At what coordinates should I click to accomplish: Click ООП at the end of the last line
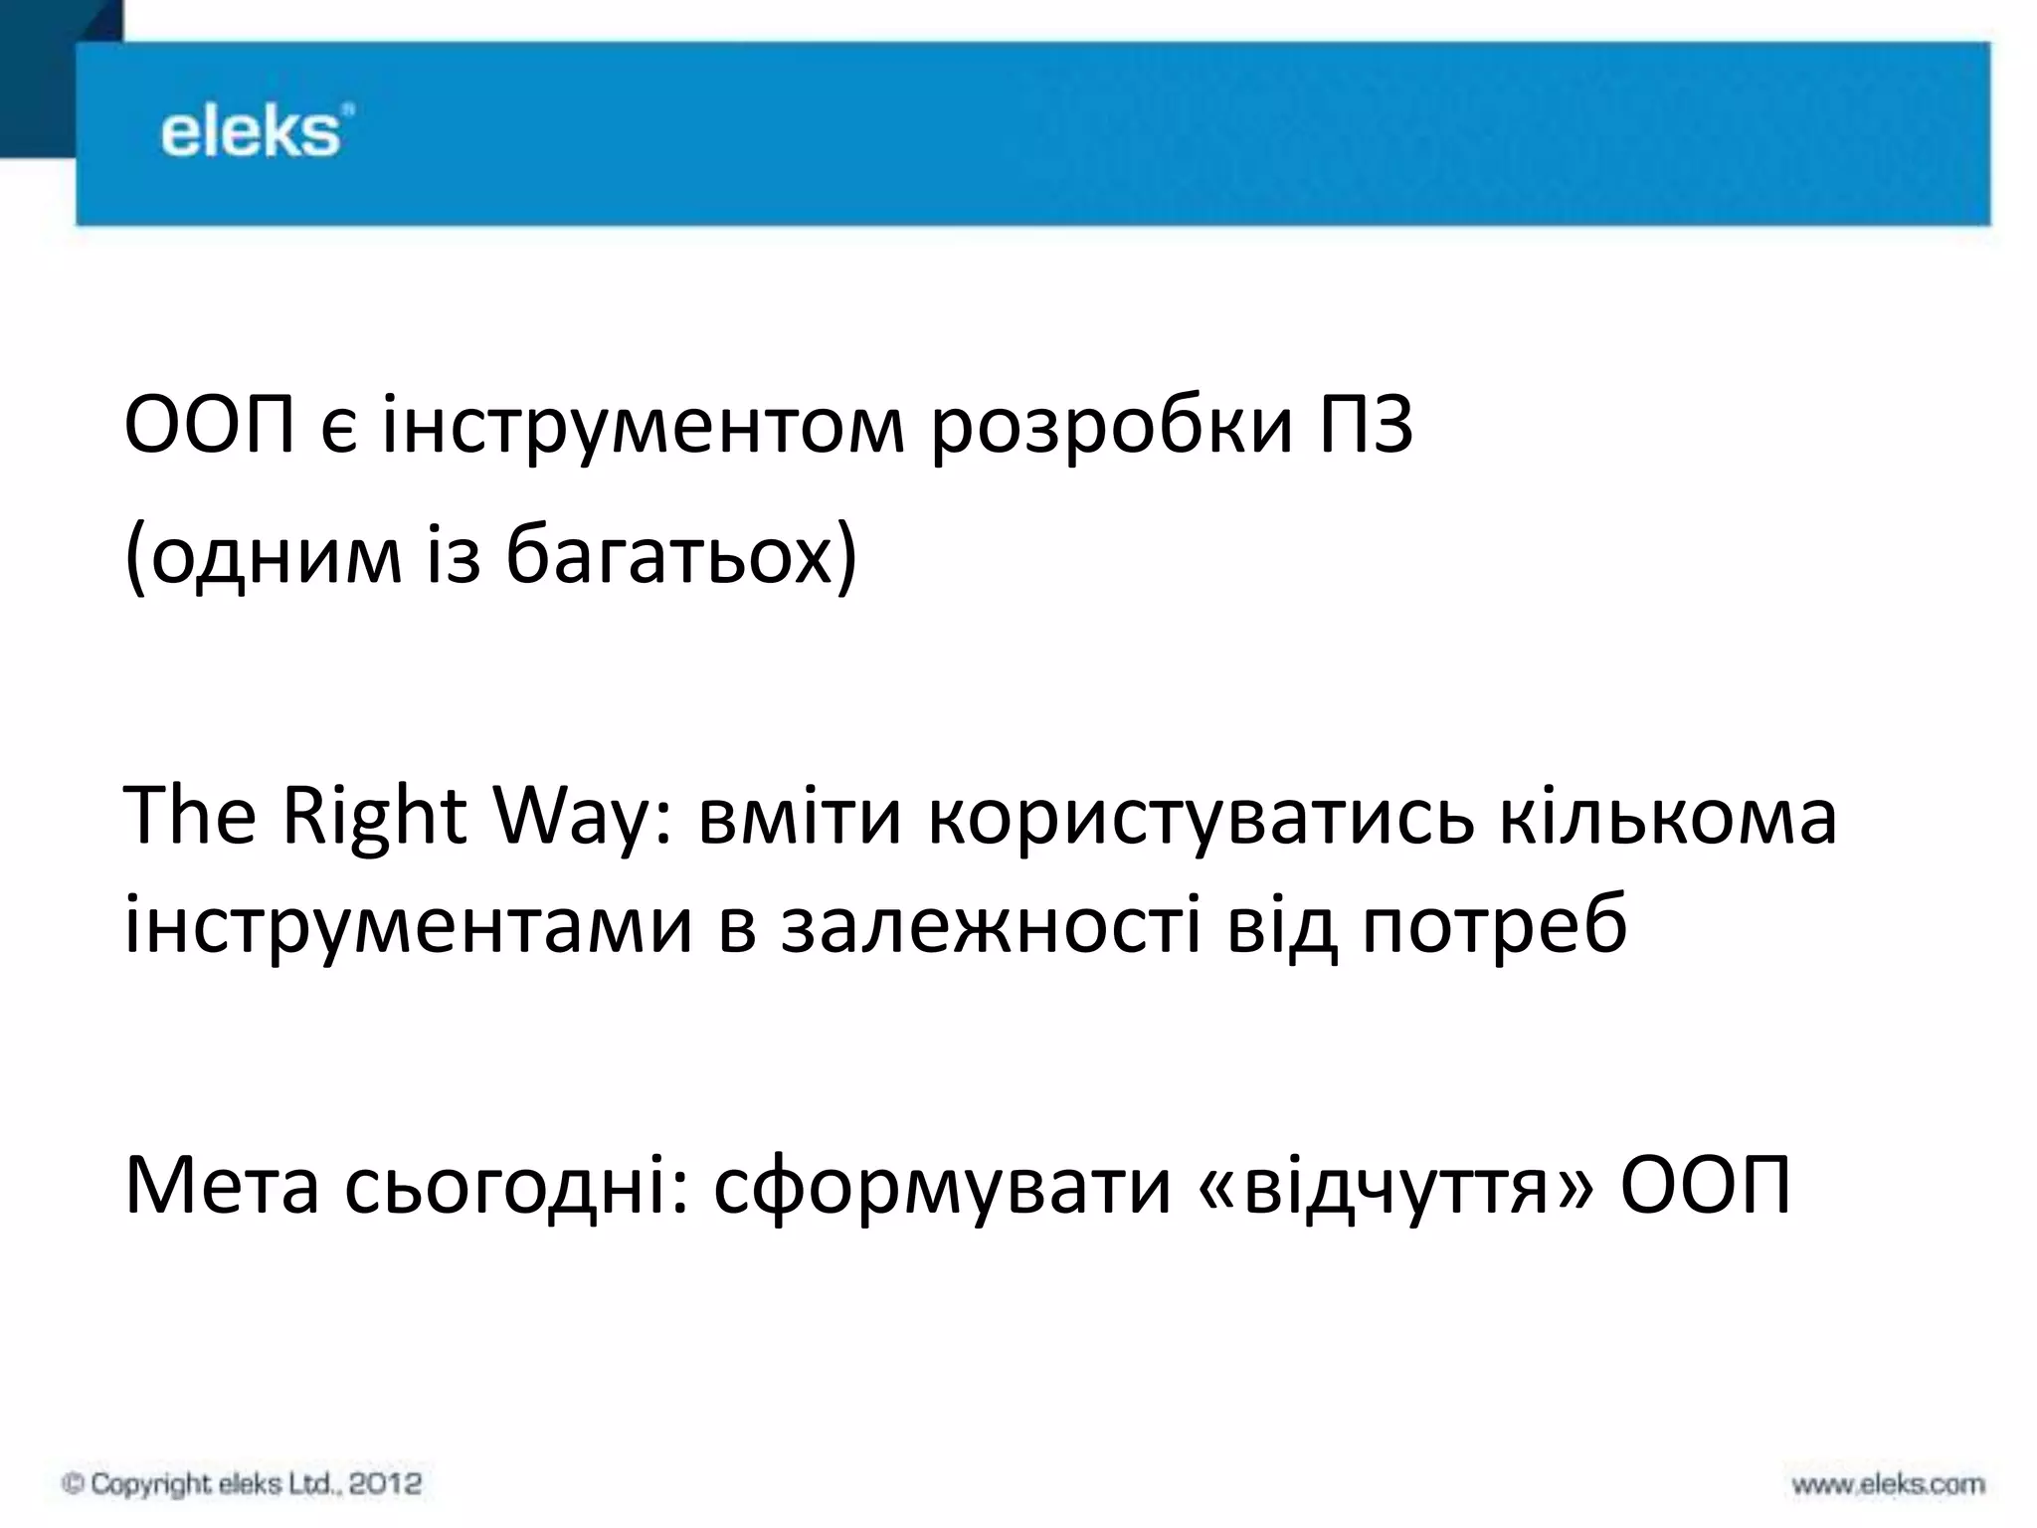click(x=1706, y=1186)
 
